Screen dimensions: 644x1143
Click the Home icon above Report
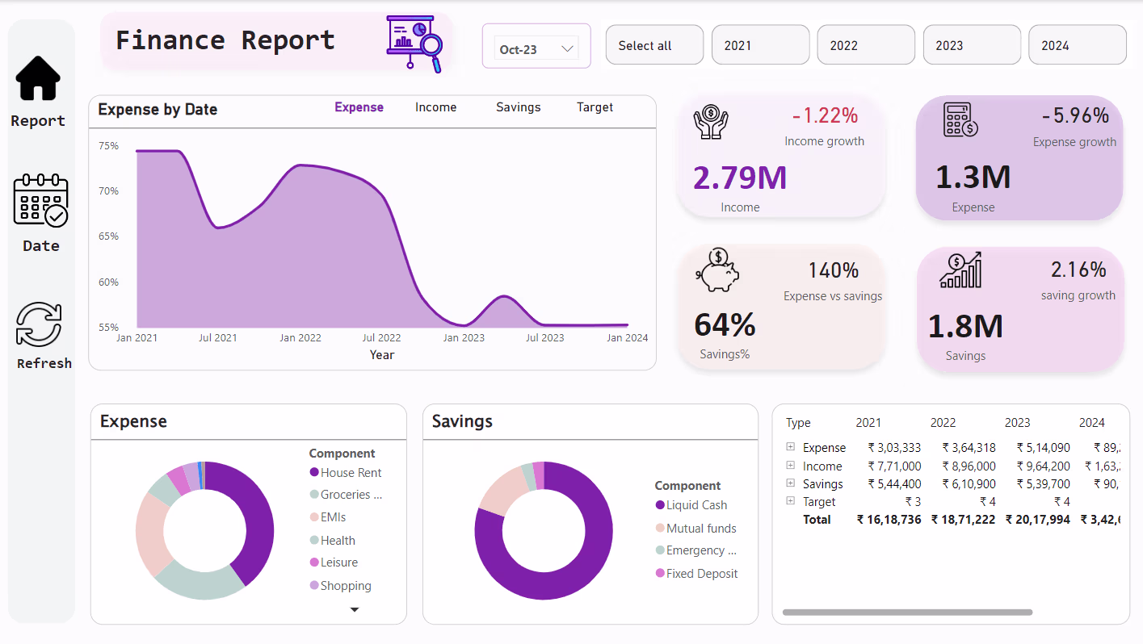38,78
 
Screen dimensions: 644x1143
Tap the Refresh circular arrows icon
40,325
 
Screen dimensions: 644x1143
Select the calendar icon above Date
40,200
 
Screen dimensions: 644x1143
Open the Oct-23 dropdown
536,49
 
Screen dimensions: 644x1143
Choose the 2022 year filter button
865,45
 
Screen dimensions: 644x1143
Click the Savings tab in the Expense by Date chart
518,107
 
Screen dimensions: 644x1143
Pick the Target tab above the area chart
595,107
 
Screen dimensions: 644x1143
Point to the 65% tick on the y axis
109,236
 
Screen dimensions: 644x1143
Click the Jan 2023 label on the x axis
464,338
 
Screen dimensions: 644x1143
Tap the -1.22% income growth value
825,116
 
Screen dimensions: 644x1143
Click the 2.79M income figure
740,178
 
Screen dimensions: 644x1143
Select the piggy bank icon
717,271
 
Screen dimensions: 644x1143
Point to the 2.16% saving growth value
1078,270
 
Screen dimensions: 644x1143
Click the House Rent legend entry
351,473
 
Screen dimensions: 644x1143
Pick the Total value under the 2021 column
889,520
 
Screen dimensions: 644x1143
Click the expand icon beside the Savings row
791,483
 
